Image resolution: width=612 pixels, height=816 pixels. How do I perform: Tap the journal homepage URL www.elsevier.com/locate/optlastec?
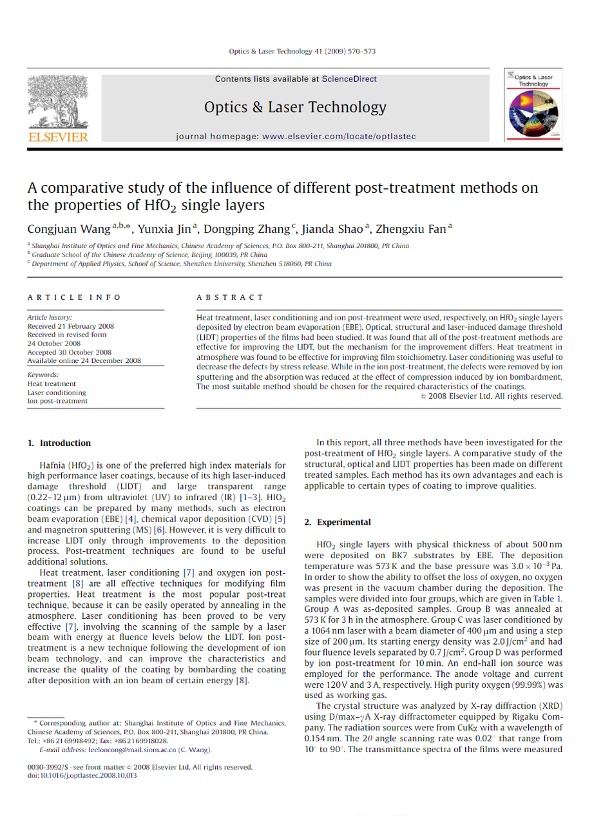[339, 137]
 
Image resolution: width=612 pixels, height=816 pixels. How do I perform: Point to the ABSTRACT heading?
[230, 297]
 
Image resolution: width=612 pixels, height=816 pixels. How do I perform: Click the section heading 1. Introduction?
[59, 443]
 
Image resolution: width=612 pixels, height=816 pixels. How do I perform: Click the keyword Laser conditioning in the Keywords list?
[56, 393]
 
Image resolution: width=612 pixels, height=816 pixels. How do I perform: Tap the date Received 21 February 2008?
[70, 326]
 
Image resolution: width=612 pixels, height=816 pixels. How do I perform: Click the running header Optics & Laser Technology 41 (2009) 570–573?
[302, 50]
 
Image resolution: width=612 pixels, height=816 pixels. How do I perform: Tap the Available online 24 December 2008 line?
[84, 361]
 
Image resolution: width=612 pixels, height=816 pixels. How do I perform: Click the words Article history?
[50, 317]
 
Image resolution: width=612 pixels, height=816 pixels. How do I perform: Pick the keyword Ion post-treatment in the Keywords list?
[57, 402]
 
